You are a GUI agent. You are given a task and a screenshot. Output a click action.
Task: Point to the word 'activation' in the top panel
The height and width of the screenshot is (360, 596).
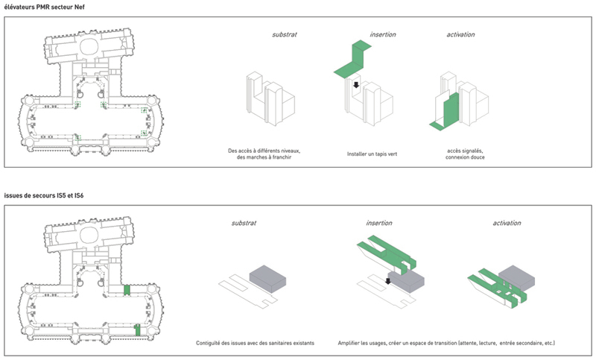(x=460, y=34)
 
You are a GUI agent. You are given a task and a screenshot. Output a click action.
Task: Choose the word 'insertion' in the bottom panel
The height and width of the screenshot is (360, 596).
(x=378, y=223)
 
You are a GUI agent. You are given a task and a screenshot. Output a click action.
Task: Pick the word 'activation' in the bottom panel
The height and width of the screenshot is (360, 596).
(x=507, y=223)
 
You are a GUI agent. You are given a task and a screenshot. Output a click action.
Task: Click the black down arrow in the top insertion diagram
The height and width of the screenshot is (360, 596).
(x=356, y=85)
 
